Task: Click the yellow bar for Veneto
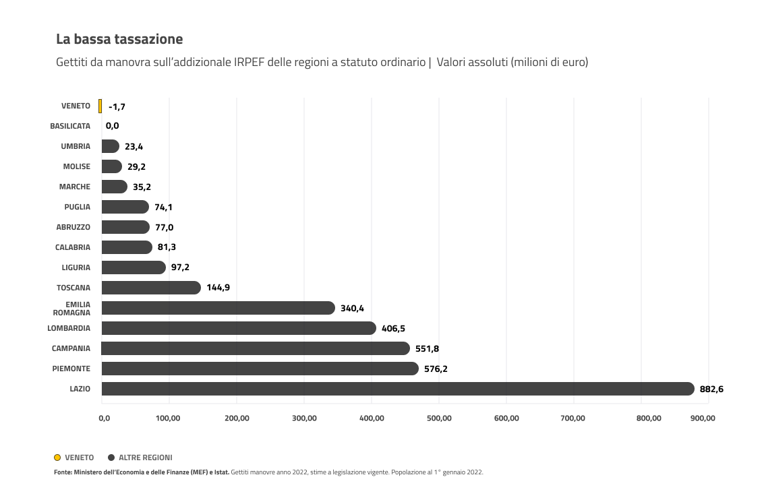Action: coord(100,106)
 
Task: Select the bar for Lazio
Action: coord(397,389)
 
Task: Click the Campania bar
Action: coord(256,348)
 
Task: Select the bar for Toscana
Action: coord(151,288)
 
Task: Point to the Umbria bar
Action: coord(110,146)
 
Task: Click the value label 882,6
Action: coord(711,389)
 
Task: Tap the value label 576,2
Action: coord(436,369)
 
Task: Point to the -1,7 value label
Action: coord(117,106)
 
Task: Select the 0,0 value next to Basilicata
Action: coord(112,126)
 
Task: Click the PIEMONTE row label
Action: coord(71,369)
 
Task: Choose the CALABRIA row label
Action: coord(72,247)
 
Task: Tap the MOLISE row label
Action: coord(76,166)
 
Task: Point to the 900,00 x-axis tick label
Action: coord(702,418)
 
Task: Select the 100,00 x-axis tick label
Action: coord(168,418)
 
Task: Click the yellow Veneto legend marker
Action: coord(57,458)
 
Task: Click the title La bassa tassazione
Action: coord(119,39)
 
